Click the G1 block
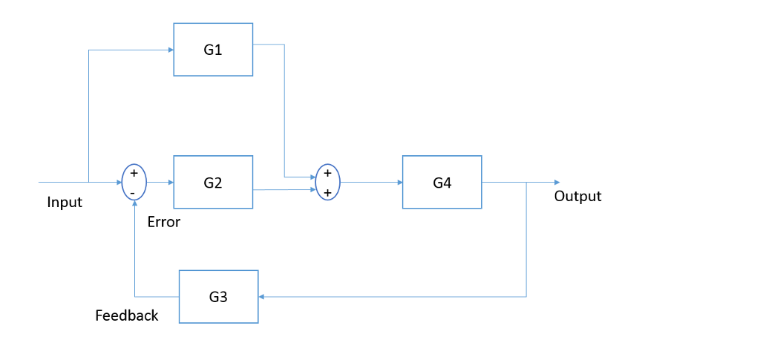pyautogui.click(x=213, y=49)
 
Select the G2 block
pyautogui.click(x=213, y=182)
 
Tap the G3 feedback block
pyautogui.click(x=218, y=296)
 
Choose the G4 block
pyautogui.click(x=442, y=182)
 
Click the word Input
pyautogui.click(x=65, y=202)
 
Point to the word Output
pyautogui.click(x=577, y=196)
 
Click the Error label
pyautogui.click(x=164, y=222)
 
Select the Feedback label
pyautogui.click(x=127, y=315)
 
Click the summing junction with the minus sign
pyautogui.click(x=134, y=182)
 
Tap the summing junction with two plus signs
pyautogui.click(x=327, y=182)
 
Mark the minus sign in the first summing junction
pyautogui.click(x=133, y=192)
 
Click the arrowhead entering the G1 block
pyautogui.click(x=170, y=50)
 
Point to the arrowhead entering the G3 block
pyautogui.click(x=262, y=296)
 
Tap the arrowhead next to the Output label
pyautogui.click(x=556, y=182)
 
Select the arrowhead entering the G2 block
pyautogui.click(x=170, y=182)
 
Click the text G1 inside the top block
pyautogui.click(x=213, y=50)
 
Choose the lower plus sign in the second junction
pyautogui.click(x=327, y=192)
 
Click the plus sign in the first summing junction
pyautogui.click(x=134, y=173)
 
